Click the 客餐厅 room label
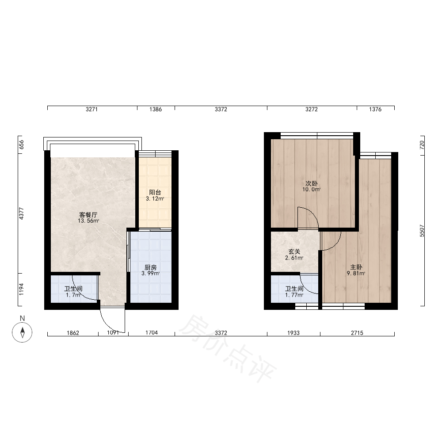coord(88,215)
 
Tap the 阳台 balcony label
coord(155,193)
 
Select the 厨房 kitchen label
coord(151,267)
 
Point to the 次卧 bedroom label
coord(312,183)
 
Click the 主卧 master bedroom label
coord(356,267)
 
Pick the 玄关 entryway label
coord(294,251)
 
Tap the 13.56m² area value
coord(88,221)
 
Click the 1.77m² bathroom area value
coord(294,295)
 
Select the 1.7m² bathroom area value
coord(73,295)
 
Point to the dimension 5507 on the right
coord(422,231)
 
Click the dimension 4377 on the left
coord(21,213)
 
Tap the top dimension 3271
coord(91,109)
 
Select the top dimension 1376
coord(375,109)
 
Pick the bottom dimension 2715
coord(357,333)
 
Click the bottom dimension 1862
coord(73,333)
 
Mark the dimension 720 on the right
coord(422,145)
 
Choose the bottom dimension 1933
coord(293,333)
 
